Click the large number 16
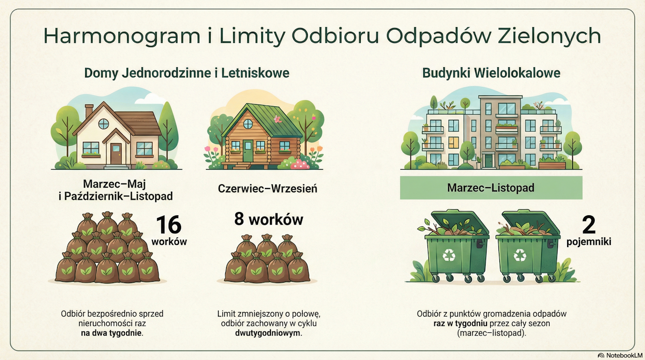[169, 225]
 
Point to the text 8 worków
[269, 219]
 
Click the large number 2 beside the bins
[589, 224]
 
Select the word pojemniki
[589, 241]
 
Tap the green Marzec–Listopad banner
[491, 188]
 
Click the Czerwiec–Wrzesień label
[268, 189]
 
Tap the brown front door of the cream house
[116, 153]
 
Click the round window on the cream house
[104, 124]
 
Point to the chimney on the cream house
[89, 111]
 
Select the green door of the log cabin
[248, 151]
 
